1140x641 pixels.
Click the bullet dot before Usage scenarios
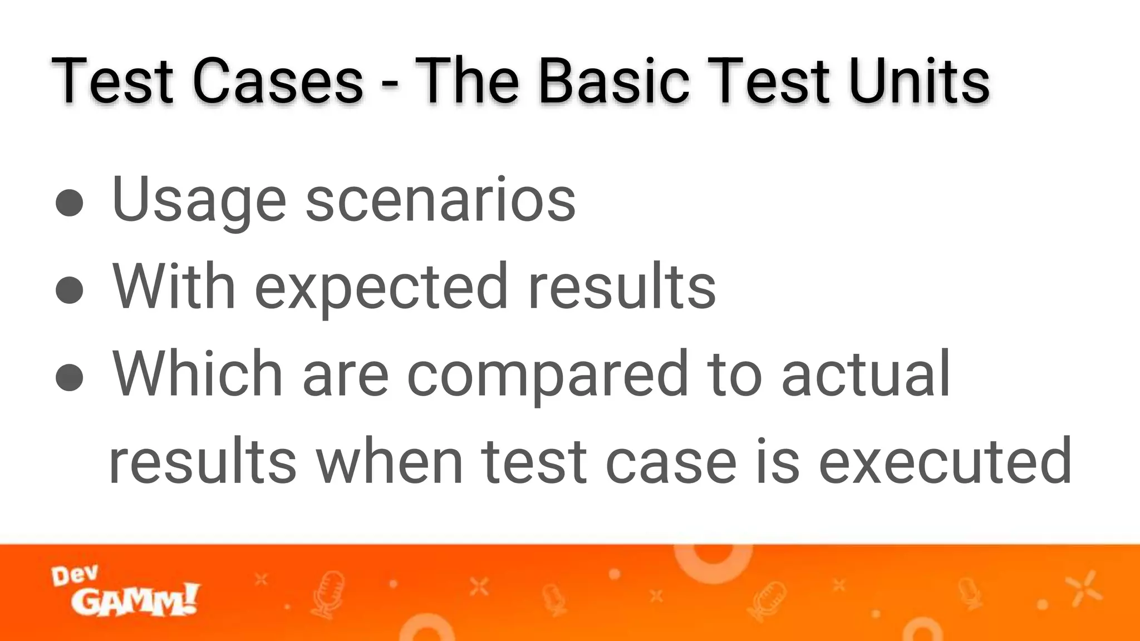[70, 202]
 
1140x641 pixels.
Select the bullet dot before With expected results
[70, 289]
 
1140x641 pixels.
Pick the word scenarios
[440, 200]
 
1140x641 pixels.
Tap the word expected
[381, 288]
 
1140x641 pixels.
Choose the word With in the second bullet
[174, 286]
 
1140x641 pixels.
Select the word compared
[548, 375]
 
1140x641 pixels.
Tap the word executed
[945, 462]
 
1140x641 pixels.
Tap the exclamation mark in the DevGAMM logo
[189, 599]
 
